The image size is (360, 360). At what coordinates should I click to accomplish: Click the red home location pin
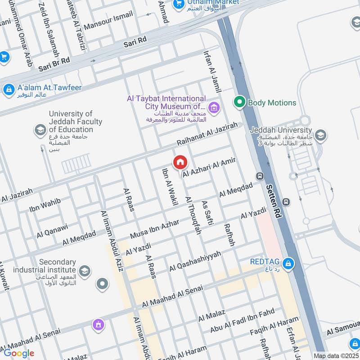(180, 162)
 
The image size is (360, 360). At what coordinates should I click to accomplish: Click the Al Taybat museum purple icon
(214, 107)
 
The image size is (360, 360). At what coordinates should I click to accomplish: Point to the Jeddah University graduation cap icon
(320, 135)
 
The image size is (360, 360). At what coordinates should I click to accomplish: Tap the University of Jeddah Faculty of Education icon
(40, 130)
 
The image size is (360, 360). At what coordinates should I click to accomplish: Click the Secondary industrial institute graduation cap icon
(84, 271)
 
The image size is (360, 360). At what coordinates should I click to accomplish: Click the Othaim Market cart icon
(179, 4)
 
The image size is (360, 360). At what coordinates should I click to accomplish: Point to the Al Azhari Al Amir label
(209, 166)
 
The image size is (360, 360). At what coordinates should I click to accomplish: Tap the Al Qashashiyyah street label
(195, 261)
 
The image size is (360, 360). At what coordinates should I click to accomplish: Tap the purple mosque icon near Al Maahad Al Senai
(98, 324)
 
